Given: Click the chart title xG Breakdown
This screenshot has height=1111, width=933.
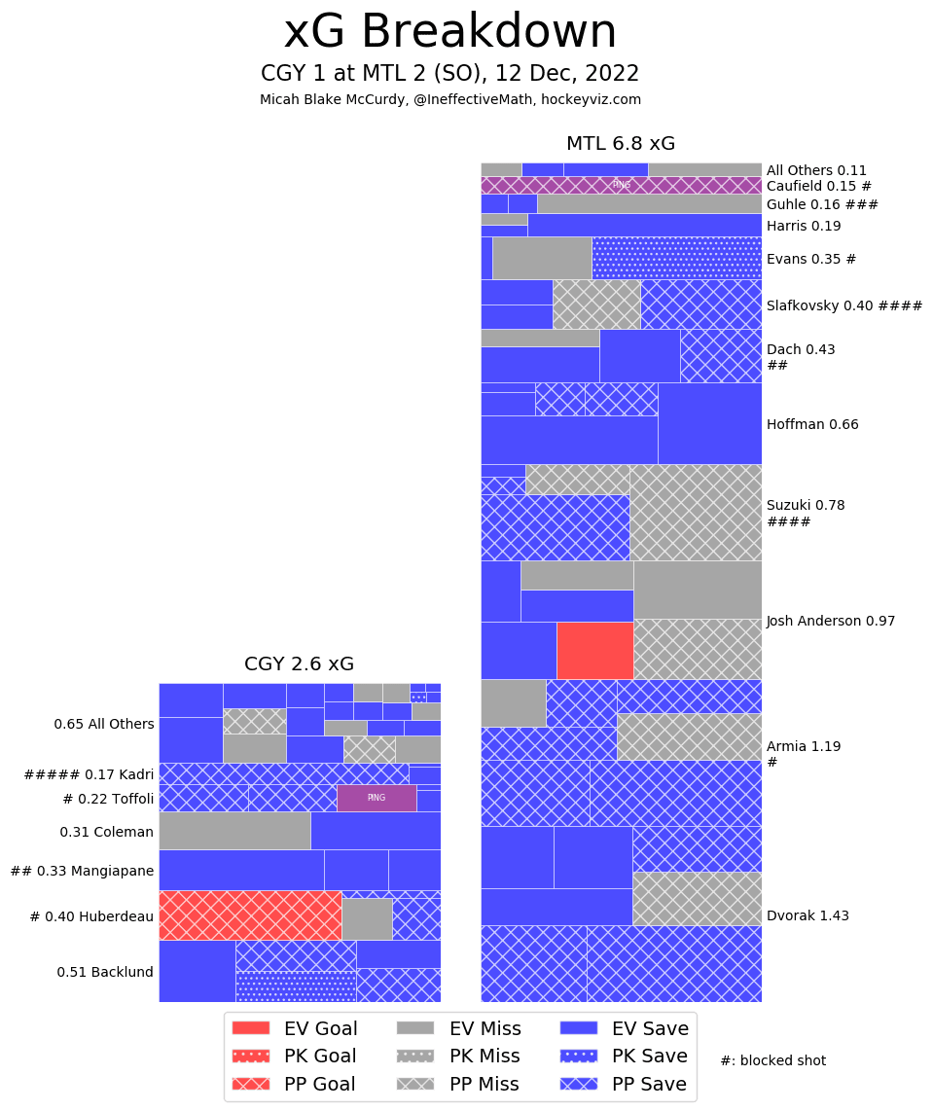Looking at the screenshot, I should pos(449,33).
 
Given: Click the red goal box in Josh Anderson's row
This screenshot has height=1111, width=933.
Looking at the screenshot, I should pos(594,650).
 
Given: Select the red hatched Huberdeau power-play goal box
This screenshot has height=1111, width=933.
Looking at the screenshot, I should pos(250,914).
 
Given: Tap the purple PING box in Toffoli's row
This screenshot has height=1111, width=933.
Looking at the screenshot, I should pos(377,798).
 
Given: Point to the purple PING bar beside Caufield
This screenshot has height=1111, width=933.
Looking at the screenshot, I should pos(621,185).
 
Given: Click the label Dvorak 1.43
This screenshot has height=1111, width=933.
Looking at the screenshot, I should pos(807,915).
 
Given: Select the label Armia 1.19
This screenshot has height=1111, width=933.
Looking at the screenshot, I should pos(804,746).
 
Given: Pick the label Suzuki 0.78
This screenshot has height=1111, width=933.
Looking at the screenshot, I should pos(806,505).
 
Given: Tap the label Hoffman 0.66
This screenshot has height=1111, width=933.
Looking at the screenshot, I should pos(812,424).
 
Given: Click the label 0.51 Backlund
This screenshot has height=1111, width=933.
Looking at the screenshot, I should pos(105,971).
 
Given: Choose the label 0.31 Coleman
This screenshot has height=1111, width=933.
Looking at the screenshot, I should pos(107,832).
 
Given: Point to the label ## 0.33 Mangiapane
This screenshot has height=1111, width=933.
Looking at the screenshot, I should pos(82,871).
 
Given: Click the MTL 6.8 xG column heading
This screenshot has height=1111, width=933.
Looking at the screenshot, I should pos(621,144).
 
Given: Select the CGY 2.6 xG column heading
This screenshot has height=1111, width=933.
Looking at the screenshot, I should pos(299,664).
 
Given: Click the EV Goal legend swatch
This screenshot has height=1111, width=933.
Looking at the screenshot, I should pos(251,1028).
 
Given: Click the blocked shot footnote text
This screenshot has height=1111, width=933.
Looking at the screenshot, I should pos(772,1060).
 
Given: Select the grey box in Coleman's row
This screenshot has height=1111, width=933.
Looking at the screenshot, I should pos(234,830).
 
